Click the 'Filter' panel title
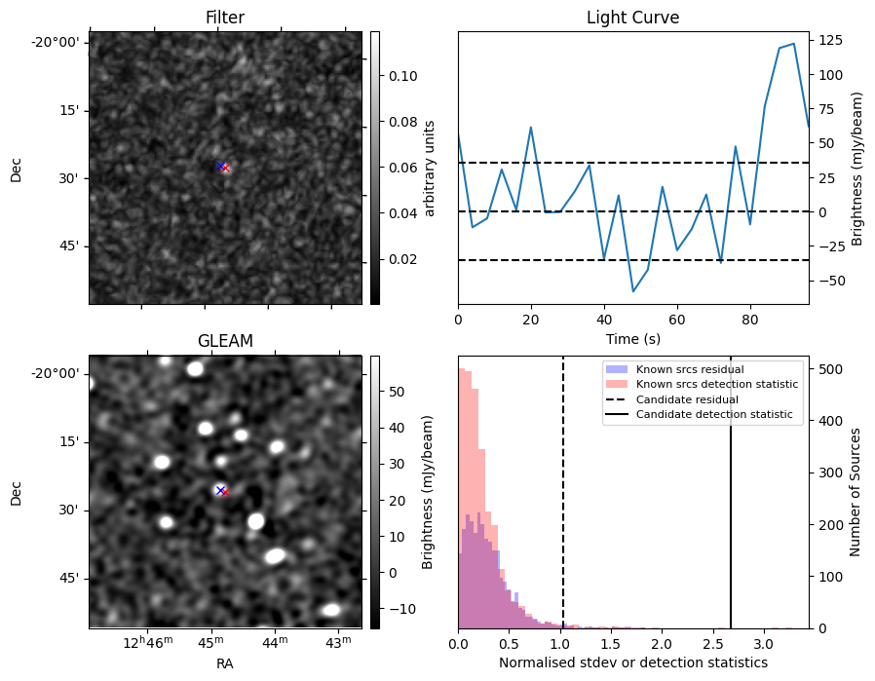tap(225, 19)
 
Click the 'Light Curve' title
tap(632, 19)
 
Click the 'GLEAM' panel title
tap(225, 341)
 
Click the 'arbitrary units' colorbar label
tap(429, 168)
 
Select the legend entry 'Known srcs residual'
tap(690, 369)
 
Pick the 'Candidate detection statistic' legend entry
tap(714, 416)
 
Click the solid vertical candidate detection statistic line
tap(731, 507)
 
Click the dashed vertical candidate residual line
tap(563, 507)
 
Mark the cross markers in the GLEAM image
tap(222, 491)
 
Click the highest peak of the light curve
tap(794, 44)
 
